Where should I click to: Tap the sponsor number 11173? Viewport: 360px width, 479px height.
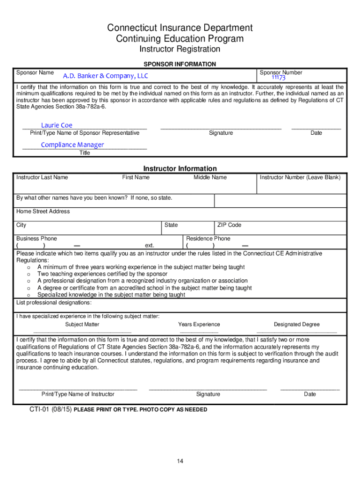279,78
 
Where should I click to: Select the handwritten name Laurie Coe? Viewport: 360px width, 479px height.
57,125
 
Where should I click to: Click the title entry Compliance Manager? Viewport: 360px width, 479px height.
72,145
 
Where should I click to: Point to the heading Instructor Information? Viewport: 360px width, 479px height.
180,168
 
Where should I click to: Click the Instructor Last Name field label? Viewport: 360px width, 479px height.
42,177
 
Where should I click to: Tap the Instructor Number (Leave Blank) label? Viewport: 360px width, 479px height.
300,177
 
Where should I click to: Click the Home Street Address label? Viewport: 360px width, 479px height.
43,211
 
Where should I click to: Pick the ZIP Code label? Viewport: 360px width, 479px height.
229,225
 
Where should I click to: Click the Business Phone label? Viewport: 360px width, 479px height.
36,239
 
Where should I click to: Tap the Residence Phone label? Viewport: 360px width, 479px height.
208,239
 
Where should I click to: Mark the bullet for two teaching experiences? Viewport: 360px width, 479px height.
29,274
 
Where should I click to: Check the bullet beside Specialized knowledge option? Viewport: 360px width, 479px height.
29,295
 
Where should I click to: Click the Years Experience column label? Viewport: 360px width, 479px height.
199,324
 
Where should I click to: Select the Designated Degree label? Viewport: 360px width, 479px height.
297,324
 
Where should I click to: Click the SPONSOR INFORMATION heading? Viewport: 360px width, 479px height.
180,64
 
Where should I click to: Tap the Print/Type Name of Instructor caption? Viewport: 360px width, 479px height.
78,394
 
